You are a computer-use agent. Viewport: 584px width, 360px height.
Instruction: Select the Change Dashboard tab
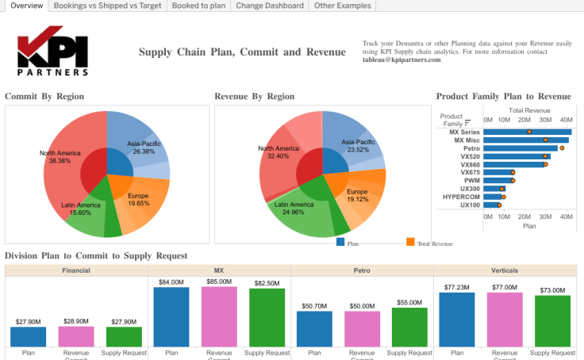pyautogui.click(x=269, y=6)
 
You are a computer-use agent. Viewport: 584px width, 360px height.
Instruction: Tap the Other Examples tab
pyautogui.click(x=341, y=6)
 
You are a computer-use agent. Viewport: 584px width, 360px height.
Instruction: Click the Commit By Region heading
pyautogui.click(x=44, y=97)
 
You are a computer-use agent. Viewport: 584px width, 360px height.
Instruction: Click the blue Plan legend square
pyautogui.click(x=341, y=242)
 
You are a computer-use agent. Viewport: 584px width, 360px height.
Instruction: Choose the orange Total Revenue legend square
pyautogui.click(x=410, y=242)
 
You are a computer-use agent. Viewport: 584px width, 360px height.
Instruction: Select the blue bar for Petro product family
pyautogui.click(x=520, y=148)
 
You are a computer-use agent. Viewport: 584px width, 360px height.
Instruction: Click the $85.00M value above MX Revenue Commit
pyautogui.click(x=218, y=281)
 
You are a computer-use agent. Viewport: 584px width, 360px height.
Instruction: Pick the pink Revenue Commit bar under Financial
pyautogui.click(x=76, y=336)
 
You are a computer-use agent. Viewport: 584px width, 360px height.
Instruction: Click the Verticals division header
pyautogui.click(x=505, y=270)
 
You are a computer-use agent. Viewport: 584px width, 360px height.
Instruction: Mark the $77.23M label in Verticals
pyautogui.click(x=456, y=287)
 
